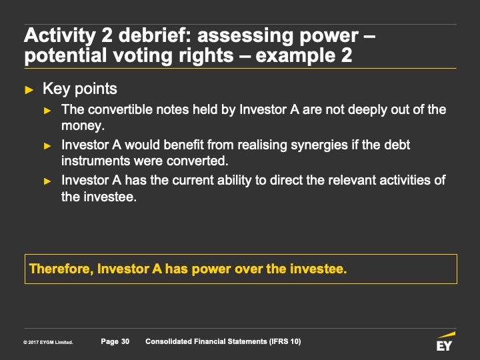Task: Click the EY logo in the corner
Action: [x=445, y=341]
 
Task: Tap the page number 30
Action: [x=125, y=341]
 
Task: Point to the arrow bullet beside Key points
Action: [x=29, y=90]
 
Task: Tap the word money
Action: [x=83, y=126]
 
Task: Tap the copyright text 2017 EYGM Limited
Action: [x=48, y=342]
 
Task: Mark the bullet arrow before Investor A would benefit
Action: [x=47, y=146]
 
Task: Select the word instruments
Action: [x=95, y=161]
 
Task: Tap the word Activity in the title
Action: [x=60, y=35]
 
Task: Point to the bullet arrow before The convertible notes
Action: [x=47, y=111]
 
